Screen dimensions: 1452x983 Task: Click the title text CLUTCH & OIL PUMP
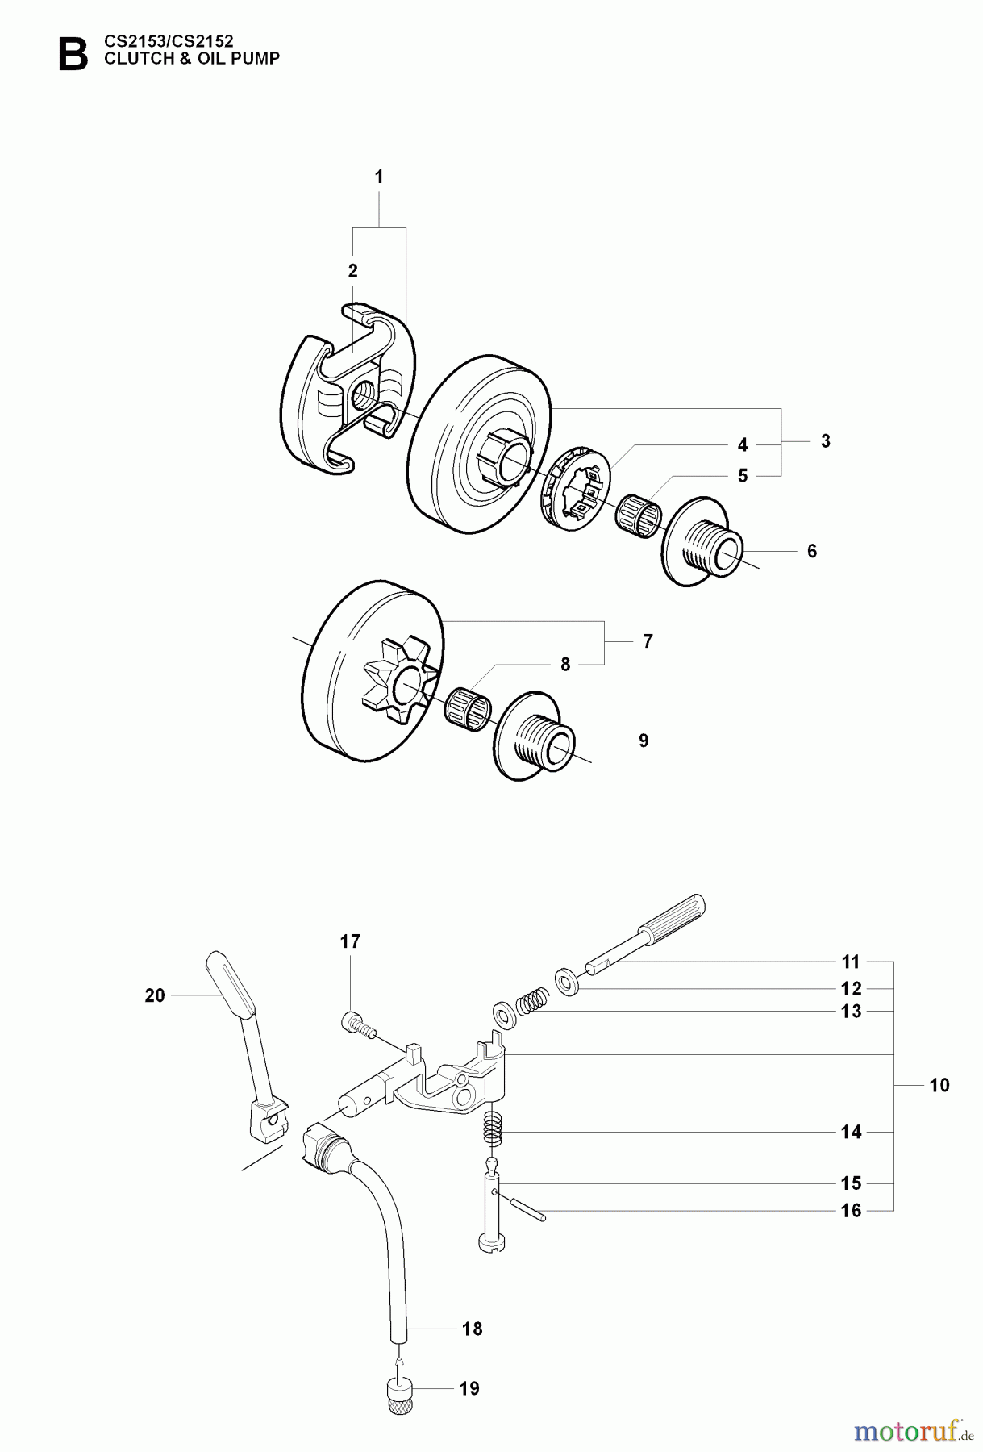tap(192, 59)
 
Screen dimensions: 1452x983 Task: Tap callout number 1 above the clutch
tap(379, 177)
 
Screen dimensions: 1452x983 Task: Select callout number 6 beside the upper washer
tap(812, 551)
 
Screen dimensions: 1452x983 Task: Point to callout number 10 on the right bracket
tap(939, 1085)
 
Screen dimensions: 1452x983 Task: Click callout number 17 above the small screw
tap(350, 941)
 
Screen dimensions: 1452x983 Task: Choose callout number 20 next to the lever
tap(155, 995)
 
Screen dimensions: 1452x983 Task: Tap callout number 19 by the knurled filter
tap(469, 1388)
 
